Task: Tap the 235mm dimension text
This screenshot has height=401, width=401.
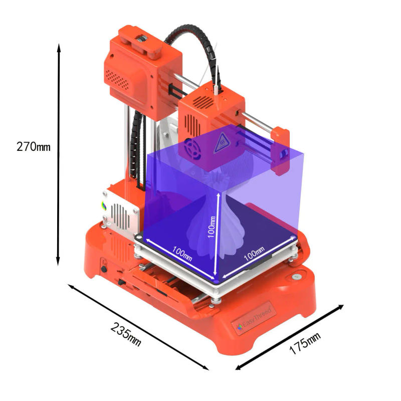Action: click(x=126, y=333)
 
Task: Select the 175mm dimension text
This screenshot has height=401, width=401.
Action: click(x=304, y=343)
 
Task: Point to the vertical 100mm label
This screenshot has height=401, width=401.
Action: click(x=213, y=226)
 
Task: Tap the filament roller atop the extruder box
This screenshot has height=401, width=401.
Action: click(x=142, y=39)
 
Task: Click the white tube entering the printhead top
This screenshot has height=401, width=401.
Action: click(x=216, y=88)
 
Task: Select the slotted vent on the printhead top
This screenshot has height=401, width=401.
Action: click(x=204, y=101)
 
